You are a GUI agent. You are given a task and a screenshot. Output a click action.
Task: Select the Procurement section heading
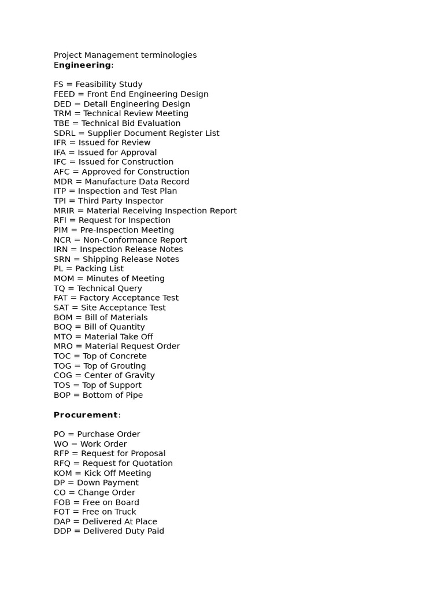[86, 415]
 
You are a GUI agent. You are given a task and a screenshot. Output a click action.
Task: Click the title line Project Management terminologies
[125, 55]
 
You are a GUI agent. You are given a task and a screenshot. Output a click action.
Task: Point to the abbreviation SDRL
[65, 133]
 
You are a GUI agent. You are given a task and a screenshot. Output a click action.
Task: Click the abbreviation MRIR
[65, 210]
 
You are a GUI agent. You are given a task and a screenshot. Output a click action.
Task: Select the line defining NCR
[120, 240]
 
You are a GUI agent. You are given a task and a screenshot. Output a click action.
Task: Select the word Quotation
[153, 463]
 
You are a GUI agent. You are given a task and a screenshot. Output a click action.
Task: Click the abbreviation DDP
[63, 531]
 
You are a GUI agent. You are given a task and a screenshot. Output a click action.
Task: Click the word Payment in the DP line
[121, 483]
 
